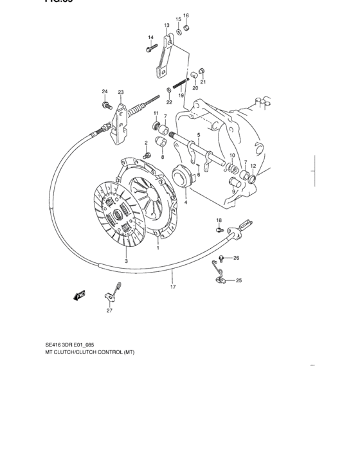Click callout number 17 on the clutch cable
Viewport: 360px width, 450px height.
[x=173, y=287]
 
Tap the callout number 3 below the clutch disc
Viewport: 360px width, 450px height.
[x=127, y=261]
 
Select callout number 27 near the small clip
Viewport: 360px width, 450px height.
[x=109, y=311]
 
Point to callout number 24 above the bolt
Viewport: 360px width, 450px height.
[x=104, y=91]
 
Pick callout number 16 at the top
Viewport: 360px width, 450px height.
[x=186, y=15]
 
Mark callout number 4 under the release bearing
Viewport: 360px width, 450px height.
[x=185, y=203]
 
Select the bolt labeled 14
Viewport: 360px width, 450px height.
[x=152, y=47]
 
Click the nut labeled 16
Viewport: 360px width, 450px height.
[x=186, y=28]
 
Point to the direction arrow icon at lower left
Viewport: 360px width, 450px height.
[x=80, y=295]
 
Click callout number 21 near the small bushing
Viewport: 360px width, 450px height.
[x=203, y=82]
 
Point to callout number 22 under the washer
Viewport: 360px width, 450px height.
[x=169, y=102]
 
